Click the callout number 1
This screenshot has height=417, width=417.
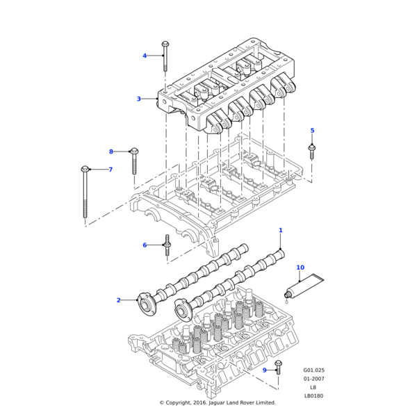281,230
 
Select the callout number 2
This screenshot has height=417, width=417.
118,300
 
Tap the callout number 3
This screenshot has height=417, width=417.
138,99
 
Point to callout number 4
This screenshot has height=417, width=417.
145,56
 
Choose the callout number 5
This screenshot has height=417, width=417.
312,131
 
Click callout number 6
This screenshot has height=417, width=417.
145,245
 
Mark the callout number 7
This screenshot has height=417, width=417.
110,170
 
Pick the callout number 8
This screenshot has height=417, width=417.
111,152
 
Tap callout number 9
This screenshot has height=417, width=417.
264,370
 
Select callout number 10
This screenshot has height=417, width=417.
300,268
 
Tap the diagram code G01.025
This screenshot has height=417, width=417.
313,370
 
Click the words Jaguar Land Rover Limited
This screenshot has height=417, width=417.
240,402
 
